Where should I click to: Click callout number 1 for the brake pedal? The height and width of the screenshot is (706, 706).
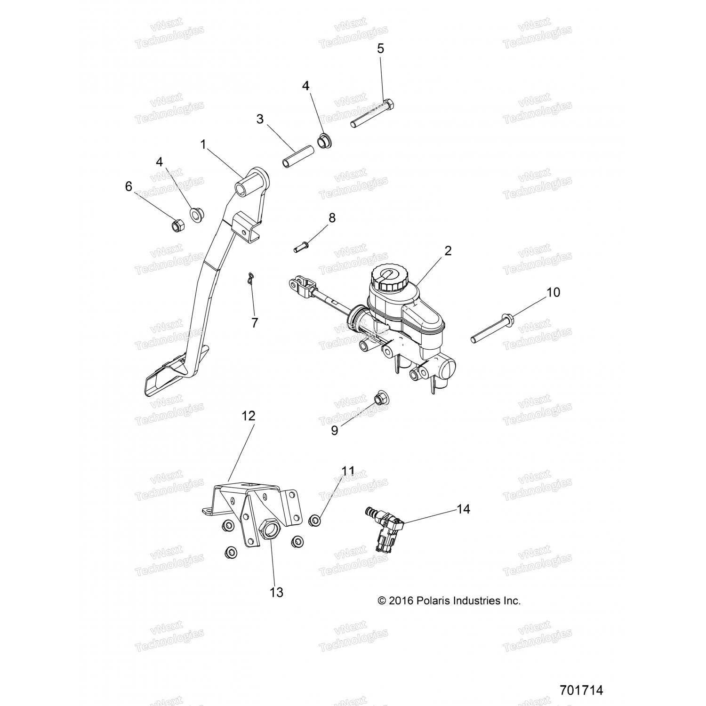tap(203, 144)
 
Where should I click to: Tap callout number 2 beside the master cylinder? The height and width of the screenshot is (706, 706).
tap(448, 251)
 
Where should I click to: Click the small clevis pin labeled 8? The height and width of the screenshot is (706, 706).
tap(299, 246)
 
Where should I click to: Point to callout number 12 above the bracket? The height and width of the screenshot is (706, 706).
tap(249, 416)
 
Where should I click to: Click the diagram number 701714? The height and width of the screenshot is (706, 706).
tap(581, 690)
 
